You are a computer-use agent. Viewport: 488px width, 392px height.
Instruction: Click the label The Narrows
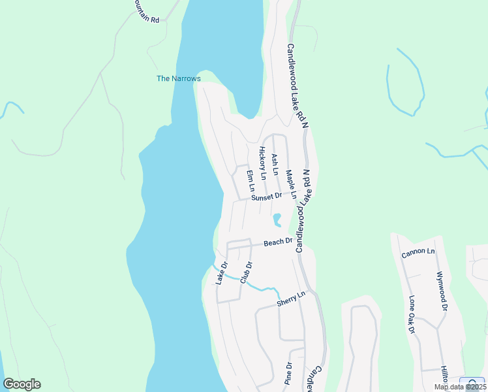(179, 78)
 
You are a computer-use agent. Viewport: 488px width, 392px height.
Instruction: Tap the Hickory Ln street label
(262, 163)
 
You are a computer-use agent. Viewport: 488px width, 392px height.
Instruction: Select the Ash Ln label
(275, 165)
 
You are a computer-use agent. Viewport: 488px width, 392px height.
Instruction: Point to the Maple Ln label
(290, 185)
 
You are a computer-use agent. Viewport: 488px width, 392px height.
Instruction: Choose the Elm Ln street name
(250, 181)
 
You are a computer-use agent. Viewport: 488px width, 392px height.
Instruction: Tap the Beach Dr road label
(277, 242)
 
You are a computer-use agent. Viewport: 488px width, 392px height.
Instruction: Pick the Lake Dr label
(222, 273)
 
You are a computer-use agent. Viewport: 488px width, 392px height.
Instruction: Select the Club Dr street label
(246, 272)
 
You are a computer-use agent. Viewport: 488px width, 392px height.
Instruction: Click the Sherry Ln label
(291, 299)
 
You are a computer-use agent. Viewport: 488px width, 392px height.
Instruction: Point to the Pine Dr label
(287, 374)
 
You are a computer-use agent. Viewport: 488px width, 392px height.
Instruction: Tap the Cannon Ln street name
(418, 251)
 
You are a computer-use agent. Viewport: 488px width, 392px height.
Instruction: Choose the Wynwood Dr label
(442, 291)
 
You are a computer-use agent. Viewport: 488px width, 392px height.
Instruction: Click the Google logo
(22, 384)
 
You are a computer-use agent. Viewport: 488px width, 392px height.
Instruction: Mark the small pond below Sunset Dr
(277, 219)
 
